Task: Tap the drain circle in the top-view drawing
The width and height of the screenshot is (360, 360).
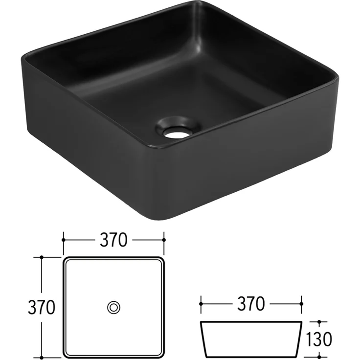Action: [114, 307]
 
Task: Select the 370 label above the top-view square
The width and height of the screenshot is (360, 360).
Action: [114, 240]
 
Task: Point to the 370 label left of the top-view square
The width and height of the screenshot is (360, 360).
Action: [41, 307]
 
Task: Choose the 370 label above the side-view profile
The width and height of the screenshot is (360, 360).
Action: [251, 304]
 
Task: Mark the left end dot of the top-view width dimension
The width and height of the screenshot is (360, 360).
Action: [64, 240]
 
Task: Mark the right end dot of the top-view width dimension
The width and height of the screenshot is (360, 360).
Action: [164, 240]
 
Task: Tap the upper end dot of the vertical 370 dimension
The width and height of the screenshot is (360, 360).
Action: [42, 257]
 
